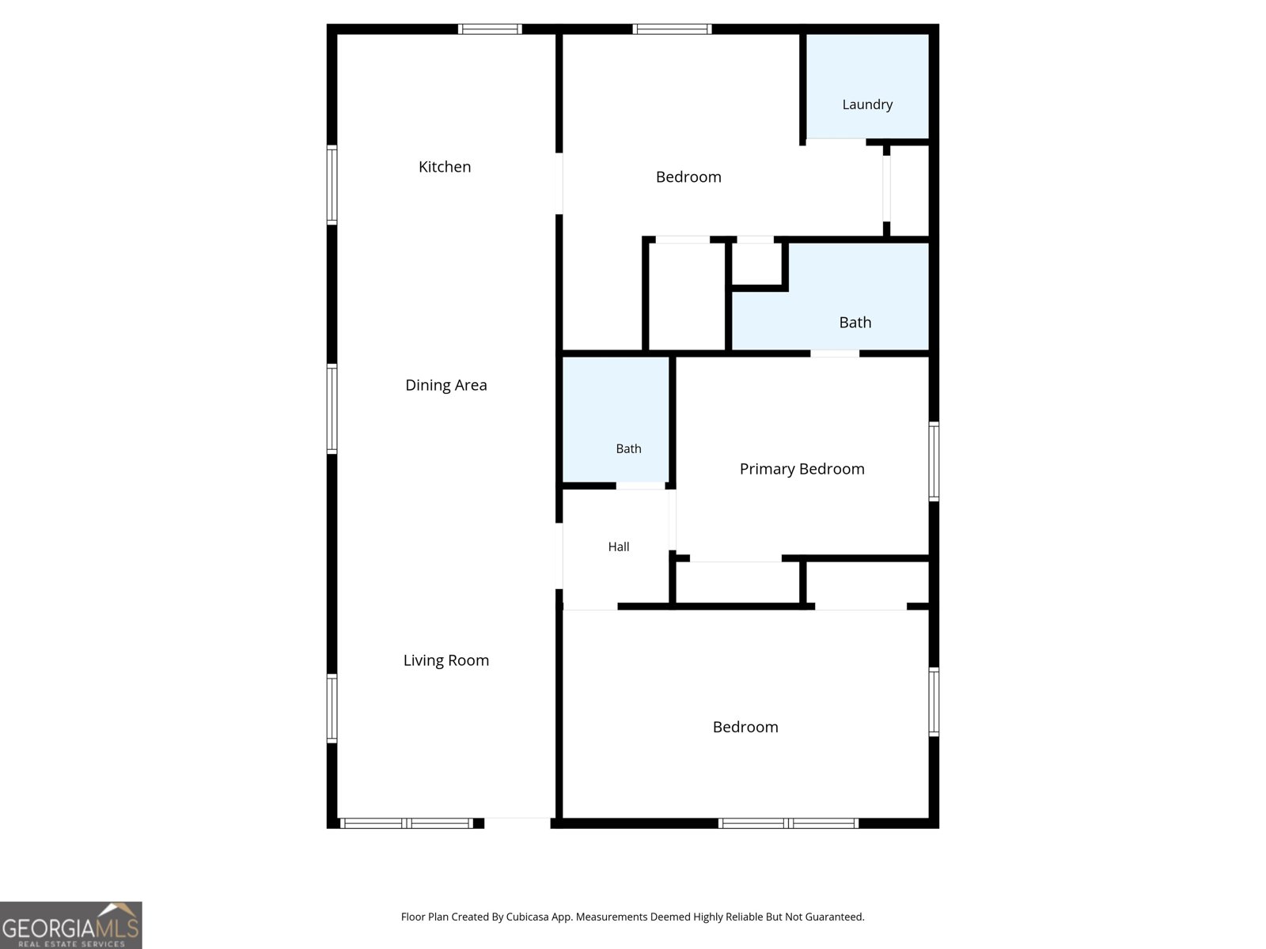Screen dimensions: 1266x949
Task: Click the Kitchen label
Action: (x=444, y=167)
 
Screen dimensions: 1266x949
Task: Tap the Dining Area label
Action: (x=445, y=385)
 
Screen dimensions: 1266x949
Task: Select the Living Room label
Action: (x=445, y=660)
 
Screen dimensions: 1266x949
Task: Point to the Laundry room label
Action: (x=867, y=105)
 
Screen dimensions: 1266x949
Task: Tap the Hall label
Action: (x=618, y=546)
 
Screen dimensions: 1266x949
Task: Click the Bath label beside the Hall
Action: (x=628, y=449)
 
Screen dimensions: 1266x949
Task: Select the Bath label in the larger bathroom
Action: (x=855, y=323)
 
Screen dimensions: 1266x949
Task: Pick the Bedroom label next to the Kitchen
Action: (x=688, y=177)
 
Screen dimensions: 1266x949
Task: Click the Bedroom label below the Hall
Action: (x=745, y=727)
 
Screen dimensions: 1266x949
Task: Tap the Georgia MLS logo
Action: (x=71, y=925)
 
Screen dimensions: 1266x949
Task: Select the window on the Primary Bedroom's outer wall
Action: (x=934, y=461)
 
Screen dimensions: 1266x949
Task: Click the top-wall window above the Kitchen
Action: (x=490, y=28)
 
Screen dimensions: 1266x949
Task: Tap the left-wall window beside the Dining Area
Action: (x=332, y=409)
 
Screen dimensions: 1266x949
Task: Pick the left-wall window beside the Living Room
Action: (x=332, y=709)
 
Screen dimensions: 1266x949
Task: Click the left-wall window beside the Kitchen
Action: (x=332, y=185)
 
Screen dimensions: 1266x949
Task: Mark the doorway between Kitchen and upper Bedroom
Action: (x=559, y=183)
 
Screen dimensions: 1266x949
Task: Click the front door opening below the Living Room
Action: (x=517, y=822)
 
